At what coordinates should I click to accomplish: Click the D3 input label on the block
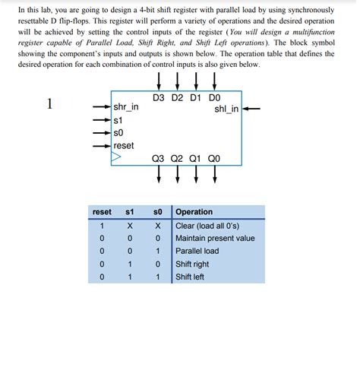(x=159, y=98)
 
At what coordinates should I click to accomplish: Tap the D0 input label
(x=214, y=98)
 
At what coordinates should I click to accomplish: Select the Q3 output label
(x=159, y=159)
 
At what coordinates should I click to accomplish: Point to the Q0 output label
(x=214, y=159)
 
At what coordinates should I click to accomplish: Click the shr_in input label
(x=126, y=107)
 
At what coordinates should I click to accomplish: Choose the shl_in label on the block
(x=226, y=109)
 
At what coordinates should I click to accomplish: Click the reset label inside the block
(x=124, y=145)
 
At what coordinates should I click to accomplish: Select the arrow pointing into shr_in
(x=100, y=107)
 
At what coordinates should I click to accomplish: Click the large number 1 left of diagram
(x=49, y=104)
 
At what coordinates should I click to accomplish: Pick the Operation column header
(x=194, y=212)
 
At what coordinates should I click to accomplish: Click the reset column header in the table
(x=102, y=212)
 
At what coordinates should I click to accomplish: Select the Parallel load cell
(x=197, y=251)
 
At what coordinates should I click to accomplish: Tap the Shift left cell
(x=190, y=277)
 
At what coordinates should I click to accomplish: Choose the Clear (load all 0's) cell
(x=206, y=226)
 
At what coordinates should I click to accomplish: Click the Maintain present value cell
(x=215, y=238)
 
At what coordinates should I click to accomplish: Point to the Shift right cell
(x=192, y=264)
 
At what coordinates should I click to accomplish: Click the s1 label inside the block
(x=118, y=120)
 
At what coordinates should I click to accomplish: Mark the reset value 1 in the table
(x=102, y=226)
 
